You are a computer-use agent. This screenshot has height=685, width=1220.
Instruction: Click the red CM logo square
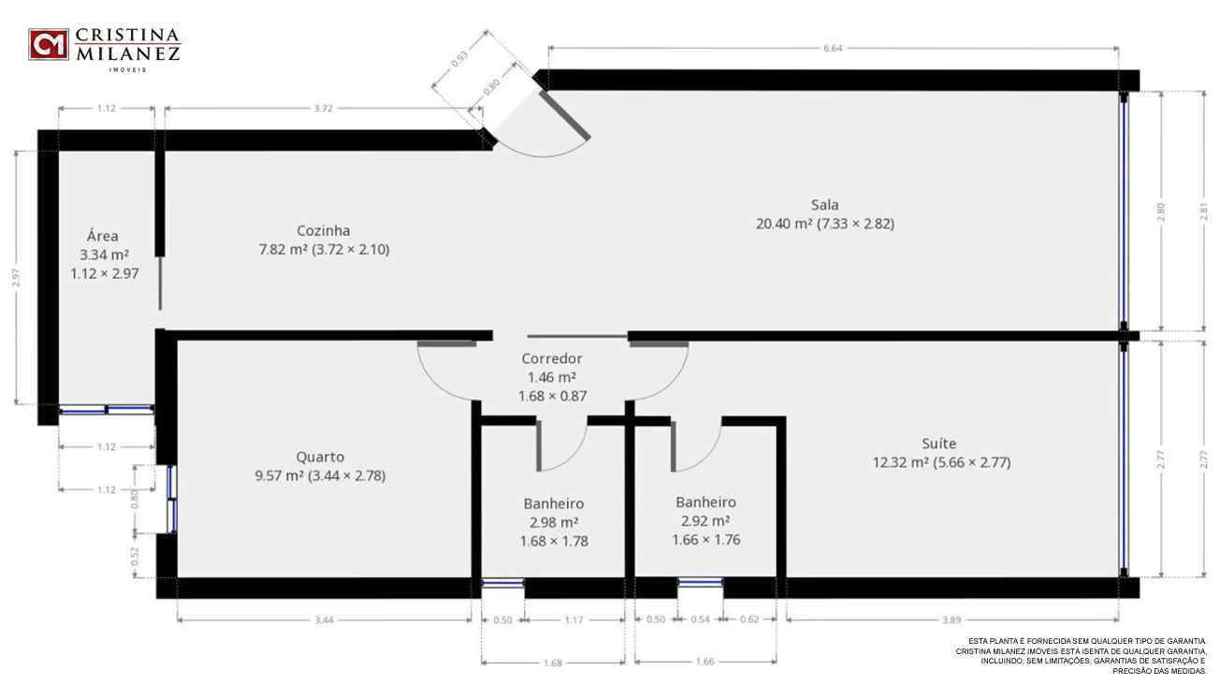[x=49, y=44]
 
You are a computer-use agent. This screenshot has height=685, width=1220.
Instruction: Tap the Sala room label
[x=824, y=205]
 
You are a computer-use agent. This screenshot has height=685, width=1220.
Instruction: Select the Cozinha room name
[x=323, y=230]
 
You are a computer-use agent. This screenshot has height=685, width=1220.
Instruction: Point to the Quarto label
[x=320, y=458]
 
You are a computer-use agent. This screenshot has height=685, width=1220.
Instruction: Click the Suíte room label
[x=939, y=444]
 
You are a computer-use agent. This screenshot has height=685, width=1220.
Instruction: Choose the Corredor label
[x=552, y=358]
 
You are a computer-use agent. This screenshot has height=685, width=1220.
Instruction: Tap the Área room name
[x=102, y=236]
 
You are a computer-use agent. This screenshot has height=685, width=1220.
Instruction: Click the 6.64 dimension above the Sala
[x=833, y=48]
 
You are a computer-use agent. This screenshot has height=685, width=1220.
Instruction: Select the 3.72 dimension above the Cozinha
[x=323, y=108]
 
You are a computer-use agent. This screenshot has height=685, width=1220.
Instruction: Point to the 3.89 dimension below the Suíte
[x=951, y=619]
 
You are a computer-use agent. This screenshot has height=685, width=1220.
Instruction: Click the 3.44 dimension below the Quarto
[x=324, y=619]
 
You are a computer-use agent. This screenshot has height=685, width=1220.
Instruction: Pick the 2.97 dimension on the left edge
[x=16, y=277]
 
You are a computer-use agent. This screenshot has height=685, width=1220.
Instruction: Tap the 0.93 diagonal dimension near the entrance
[x=459, y=59]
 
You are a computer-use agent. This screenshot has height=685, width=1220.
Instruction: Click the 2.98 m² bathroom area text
[x=554, y=522]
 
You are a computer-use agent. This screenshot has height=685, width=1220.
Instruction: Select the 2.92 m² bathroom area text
[x=705, y=521]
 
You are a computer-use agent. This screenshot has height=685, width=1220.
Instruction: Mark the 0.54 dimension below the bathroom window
[x=700, y=619]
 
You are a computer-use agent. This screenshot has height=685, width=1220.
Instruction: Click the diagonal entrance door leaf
[x=564, y=115]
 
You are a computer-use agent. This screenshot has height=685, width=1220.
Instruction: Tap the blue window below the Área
[x=107, y=409]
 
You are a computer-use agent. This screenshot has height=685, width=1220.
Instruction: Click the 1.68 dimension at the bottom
[x=553, y=663]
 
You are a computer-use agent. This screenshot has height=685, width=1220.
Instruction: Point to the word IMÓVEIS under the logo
[x=128, y=70]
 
